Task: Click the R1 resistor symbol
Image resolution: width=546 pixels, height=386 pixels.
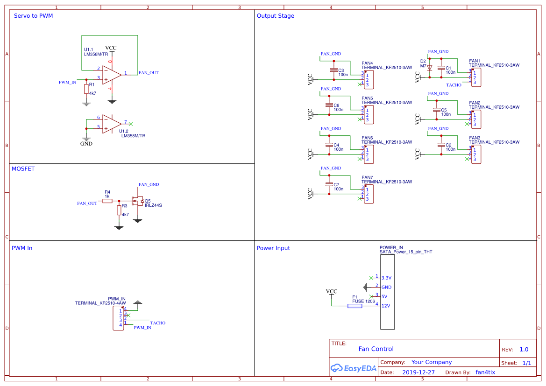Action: pyautogui.click(x=86, y=89)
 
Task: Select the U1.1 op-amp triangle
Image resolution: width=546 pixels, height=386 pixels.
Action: pyautogui.click(x=112, y=74)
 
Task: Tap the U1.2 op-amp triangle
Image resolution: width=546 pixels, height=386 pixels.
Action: pyautogui.click(x=112, y=123)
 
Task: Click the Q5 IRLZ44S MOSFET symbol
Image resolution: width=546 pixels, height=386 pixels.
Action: pyautogui.click(x=137, y=201)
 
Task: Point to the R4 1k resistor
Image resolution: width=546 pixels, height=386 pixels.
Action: pyautogui.click(x=107, y=201)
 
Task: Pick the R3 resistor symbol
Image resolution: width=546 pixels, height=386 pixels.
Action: pyautogui.click(x=119, y=210)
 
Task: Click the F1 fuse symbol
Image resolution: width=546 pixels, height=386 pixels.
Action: pyautogui.click(x=355, y=306)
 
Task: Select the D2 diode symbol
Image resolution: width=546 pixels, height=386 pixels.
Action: pyautogui.click(x=430, y=68)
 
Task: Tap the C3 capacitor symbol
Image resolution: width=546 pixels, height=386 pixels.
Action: pyautogui.click(x=333, y=70)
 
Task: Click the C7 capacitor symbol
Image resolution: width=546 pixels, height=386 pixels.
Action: pyautogui.click(x=329, y=185)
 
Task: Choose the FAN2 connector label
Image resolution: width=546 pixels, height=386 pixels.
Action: pyautogui.click(x=475, y=103)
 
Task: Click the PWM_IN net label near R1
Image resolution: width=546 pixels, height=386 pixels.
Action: pyautogui.click(x=67, y=82)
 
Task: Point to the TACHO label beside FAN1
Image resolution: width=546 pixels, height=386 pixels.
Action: pyautogui.click(x=454, y=85)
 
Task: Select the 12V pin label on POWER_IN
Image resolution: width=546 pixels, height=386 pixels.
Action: pyautogui.click(x=386, y=306)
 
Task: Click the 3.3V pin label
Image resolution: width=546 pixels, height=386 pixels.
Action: pyautogui.click(x=386, y=278)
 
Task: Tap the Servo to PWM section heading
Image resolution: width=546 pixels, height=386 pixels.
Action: pyautogui.click(x=33, y=16)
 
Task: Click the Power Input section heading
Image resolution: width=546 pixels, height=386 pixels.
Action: pyautogui.click(x=273, y=248)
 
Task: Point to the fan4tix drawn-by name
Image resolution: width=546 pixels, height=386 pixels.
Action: pyautogui.click(x=485, y=372)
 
